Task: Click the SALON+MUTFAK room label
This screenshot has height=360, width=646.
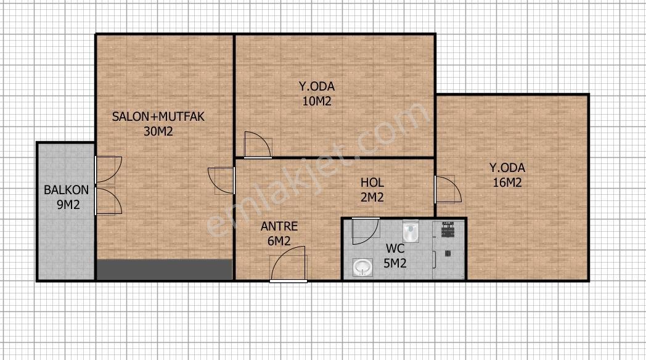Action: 158,117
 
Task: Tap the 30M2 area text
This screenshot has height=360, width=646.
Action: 158,131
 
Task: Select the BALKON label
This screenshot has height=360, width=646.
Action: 67,190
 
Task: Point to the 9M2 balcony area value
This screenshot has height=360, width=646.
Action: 68,204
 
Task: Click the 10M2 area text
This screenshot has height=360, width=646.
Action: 317,101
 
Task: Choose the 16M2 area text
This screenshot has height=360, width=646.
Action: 507,182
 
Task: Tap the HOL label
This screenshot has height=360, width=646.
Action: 372,182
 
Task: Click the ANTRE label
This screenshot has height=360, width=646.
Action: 279,226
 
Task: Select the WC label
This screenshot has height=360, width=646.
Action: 395,248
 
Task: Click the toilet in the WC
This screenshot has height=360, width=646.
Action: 411,232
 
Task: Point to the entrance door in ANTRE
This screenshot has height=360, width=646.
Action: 288,264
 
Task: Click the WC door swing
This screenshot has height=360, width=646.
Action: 366,231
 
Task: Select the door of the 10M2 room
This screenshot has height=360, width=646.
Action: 258,145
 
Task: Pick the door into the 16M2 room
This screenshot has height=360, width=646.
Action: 448,189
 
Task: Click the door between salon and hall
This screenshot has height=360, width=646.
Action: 222,181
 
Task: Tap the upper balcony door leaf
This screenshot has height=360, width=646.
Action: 108,170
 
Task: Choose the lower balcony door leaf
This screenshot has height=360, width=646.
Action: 108,201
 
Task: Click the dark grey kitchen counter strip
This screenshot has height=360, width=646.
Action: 165,270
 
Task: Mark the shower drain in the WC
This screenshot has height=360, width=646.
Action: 448,254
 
